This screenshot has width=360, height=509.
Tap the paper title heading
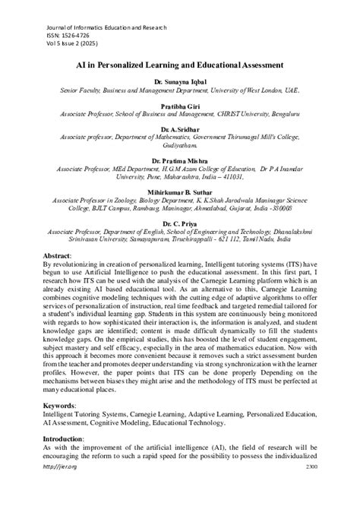click(179, 65)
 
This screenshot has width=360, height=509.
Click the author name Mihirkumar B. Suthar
click(179, 191)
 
